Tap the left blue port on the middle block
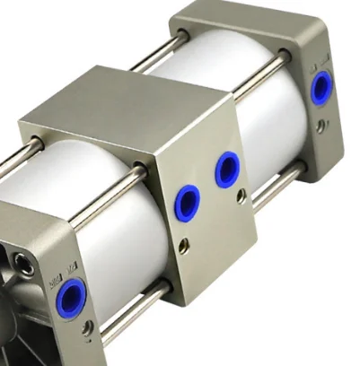point(187,203)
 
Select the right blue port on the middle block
point(227,169)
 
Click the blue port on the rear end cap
point(320,88)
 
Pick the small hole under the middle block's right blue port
point(241,195)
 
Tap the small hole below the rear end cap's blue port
point(320,126)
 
